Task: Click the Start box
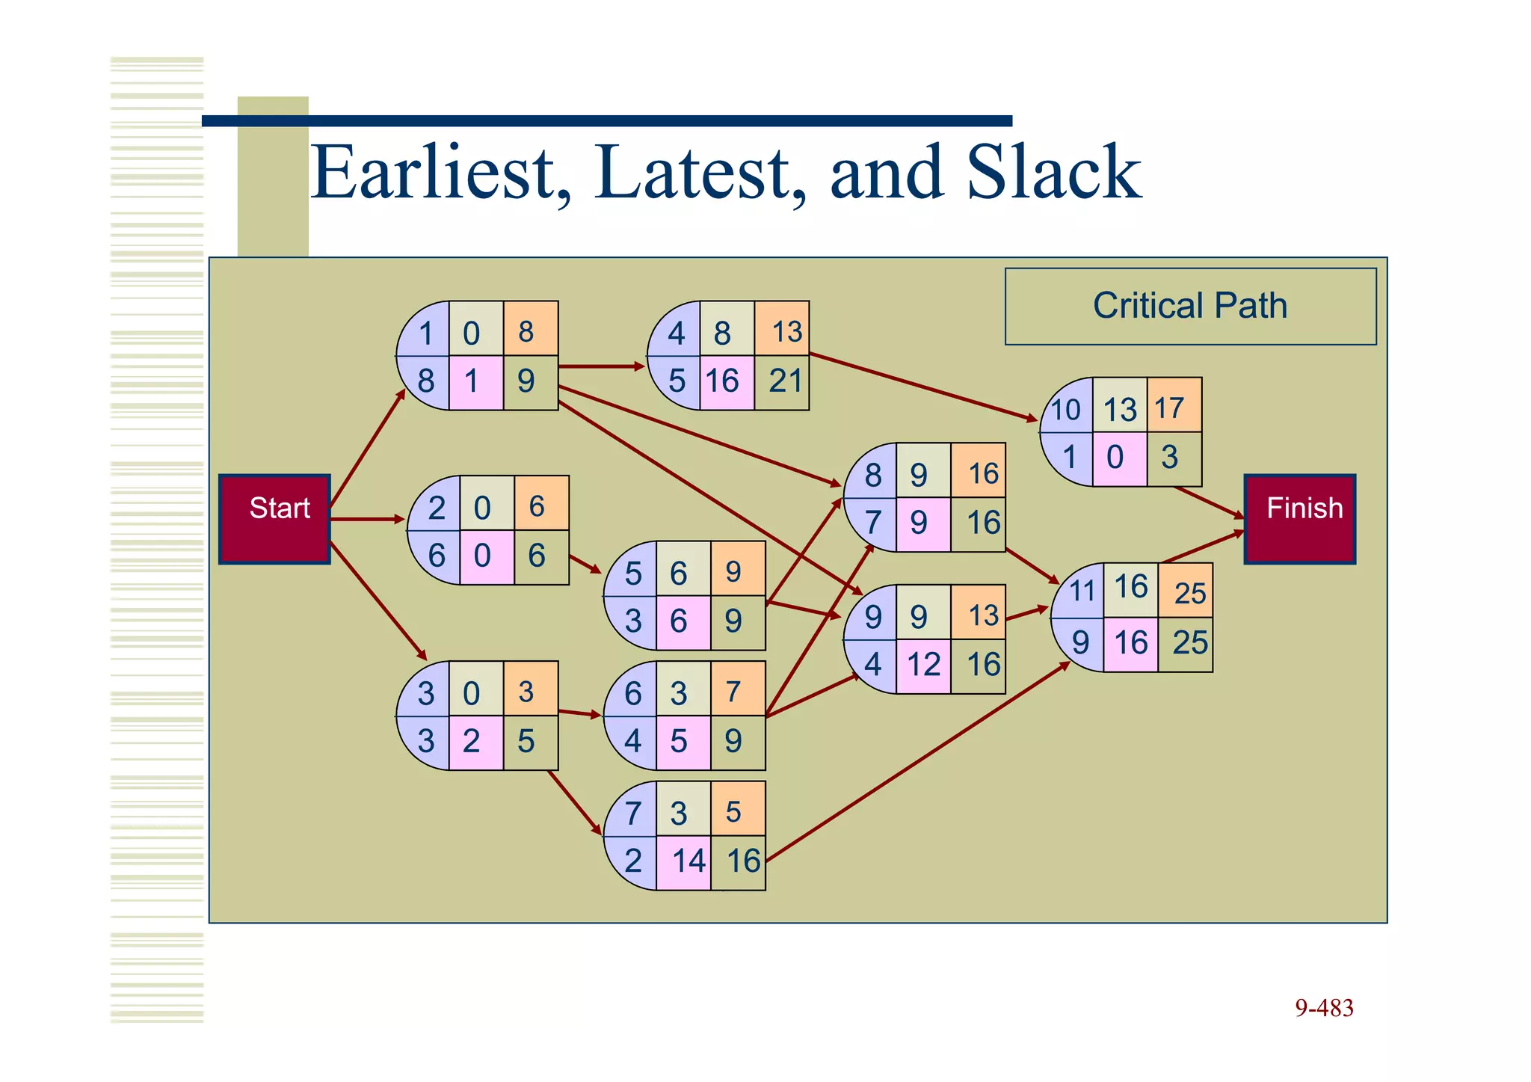click(274, 518)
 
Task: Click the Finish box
click(1299, 518)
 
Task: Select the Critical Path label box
click(1190, 306)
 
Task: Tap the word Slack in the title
click(1053, 173)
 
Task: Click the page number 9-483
click(1324, 1008)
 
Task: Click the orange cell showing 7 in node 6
click(737, 689)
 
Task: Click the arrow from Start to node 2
click(366, 519)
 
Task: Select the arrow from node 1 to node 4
click(601, 366)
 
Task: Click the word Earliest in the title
click(441, 173)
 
